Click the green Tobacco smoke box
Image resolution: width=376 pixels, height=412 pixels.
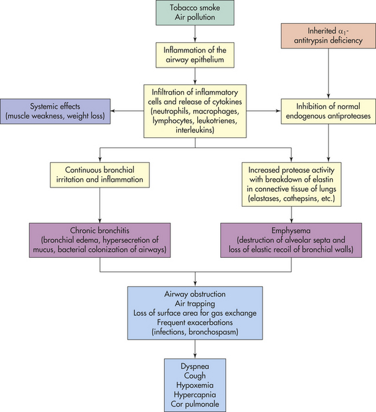point(195,13)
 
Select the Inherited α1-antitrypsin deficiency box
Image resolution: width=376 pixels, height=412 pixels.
point(328,36)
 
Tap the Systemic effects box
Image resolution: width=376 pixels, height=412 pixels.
point(55,111)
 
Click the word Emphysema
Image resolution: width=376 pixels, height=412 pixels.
point(291,231)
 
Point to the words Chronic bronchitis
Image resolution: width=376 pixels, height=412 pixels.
point(99,231)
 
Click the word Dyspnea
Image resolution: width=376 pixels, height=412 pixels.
point(195,366)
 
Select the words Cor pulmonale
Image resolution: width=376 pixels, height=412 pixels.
point(195,404)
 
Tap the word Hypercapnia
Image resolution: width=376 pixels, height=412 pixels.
point(195,395)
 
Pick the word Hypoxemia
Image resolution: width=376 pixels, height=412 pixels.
point(195,385)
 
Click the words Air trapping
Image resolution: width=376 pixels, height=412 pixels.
point(195,304)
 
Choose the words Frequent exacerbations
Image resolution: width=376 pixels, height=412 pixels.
point(195,322)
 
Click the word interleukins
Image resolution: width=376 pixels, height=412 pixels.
point(195,130)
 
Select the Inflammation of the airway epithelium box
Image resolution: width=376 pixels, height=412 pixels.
point(195,55)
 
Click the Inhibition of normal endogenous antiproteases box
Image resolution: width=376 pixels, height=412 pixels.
point(328,111)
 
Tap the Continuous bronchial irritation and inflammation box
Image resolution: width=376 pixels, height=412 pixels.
point(99,175)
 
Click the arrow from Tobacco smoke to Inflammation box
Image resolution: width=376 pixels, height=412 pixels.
point(195,34)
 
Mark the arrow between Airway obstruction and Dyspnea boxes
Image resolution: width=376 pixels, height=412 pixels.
point(195,349)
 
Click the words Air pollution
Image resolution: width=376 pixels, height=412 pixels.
point(195,17)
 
